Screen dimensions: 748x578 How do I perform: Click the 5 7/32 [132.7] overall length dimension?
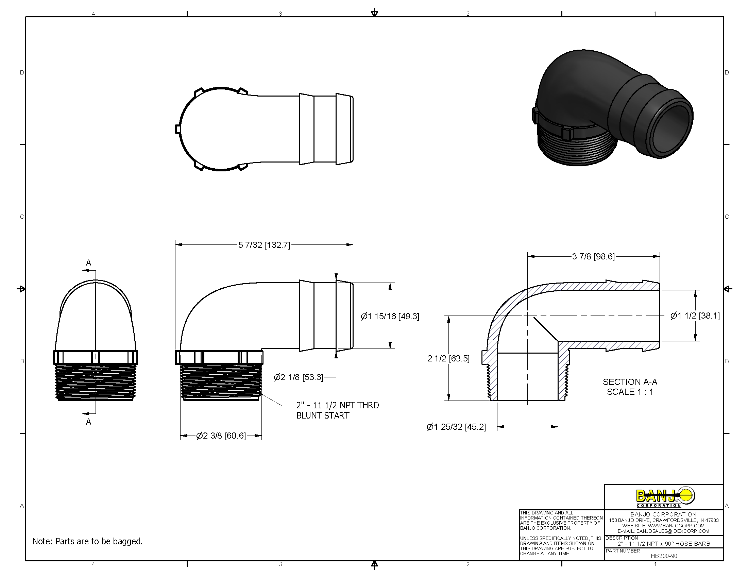(x=264, y=245)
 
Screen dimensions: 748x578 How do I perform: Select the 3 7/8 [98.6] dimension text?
(x=593, y=256)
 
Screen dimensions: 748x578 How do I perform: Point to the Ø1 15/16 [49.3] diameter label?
(x=390, y=316)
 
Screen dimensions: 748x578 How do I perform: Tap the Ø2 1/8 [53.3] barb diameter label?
(x=298, y=377)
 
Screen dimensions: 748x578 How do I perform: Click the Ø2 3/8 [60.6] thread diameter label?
(x=221, y=436)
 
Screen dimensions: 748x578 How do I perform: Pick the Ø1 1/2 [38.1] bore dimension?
(x=695, y=316)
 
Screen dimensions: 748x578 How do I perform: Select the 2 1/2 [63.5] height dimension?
(x=448, y=358)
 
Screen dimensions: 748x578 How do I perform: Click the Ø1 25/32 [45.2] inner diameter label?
(x=456, y=427)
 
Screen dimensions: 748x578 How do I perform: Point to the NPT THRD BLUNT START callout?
(x=337, y=410)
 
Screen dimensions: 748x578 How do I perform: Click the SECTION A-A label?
(x=630, y=382)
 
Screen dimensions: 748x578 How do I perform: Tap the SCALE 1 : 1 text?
(x=630, y=392)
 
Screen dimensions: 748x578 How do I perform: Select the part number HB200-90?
(x=664, y=556)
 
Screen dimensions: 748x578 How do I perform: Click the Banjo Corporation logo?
(x=664, y=496)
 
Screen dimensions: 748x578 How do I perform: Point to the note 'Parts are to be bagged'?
(x=87, y=541)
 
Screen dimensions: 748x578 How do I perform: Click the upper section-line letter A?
(x=88, y=262)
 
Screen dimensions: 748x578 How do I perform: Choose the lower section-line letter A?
(x=88, y=422)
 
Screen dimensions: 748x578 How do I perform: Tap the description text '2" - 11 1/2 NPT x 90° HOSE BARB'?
(x=664, y=543)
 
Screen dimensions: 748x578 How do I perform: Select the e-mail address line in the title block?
(x=664, y=531)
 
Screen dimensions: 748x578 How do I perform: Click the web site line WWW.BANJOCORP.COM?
(x=664, y=526)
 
